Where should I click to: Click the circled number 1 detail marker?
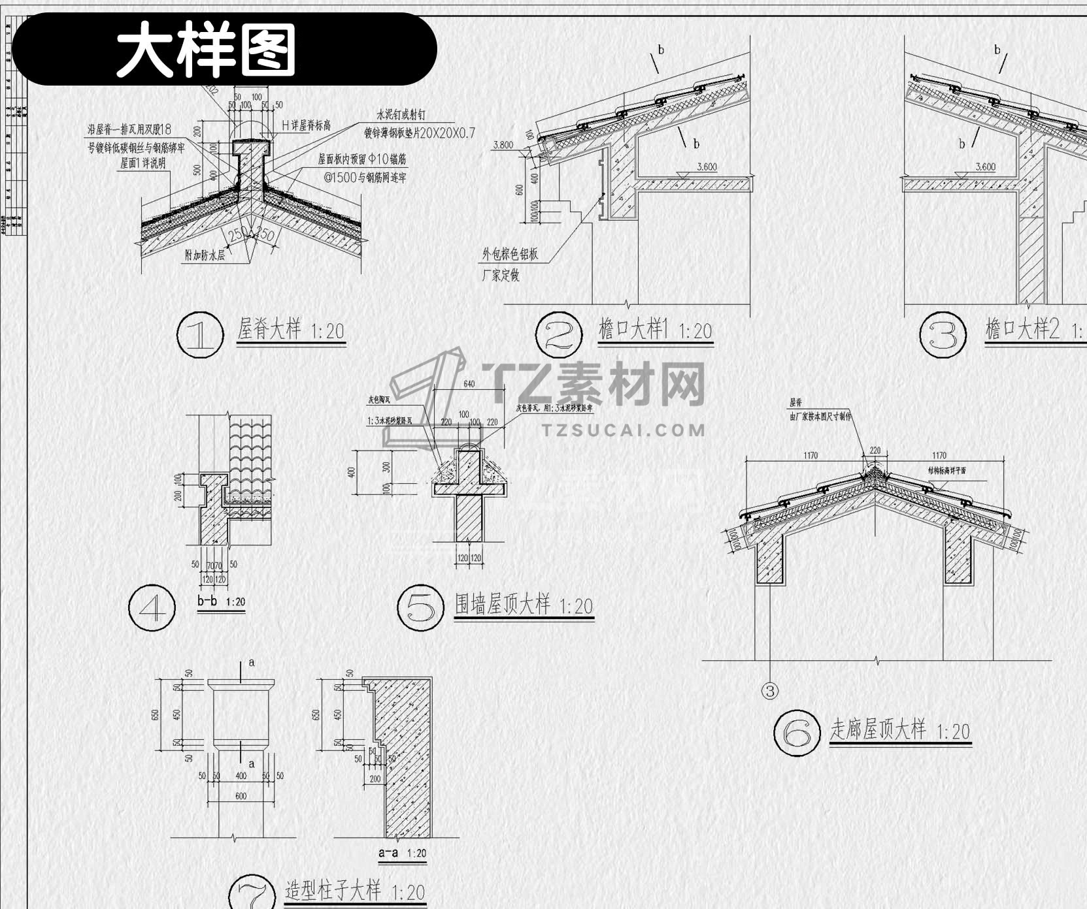(x=201, y=335)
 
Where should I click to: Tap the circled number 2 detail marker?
(x=559, y=335)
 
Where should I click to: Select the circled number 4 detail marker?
(x=152, y=607)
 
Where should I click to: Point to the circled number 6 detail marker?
(x=797, y=733)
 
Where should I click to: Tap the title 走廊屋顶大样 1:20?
(x=899, y=729)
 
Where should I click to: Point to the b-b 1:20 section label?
(x=221, y=601)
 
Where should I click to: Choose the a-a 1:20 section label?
(x=402, y=853)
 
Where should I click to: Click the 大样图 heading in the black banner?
(x=206, y=50)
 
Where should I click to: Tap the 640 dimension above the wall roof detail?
(x=469, y=384)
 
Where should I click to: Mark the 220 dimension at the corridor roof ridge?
(x=875, y=451)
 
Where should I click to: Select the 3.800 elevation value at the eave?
(x=503, y=145)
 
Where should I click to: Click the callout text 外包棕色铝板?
(x=510, y=254)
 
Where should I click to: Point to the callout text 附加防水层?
(x=205, y=255)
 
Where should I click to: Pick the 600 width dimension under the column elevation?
(x=241, y=796)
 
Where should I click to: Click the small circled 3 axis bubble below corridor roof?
(x=770, y=691)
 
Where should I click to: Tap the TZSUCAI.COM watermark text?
(x=624, y=430)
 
